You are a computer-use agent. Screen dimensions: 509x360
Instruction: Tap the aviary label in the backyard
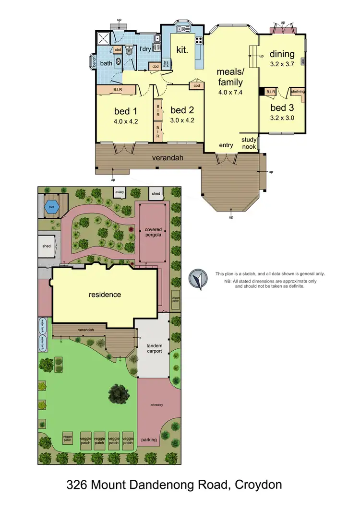120,192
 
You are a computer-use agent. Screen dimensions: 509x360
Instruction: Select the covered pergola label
154,233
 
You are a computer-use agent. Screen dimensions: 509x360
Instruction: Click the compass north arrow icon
197,280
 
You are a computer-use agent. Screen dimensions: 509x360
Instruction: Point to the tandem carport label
154,348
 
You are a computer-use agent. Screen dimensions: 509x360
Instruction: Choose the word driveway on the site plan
156,405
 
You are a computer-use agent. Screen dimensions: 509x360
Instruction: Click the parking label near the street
149,439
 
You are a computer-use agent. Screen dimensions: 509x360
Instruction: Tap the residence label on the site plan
105,294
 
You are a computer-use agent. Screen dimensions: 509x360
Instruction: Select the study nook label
249,143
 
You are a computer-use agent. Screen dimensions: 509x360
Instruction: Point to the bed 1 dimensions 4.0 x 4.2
126,121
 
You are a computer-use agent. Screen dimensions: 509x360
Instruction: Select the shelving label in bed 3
298,91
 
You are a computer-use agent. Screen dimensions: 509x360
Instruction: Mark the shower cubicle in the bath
103,38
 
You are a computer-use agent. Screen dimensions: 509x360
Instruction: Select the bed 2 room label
182,111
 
